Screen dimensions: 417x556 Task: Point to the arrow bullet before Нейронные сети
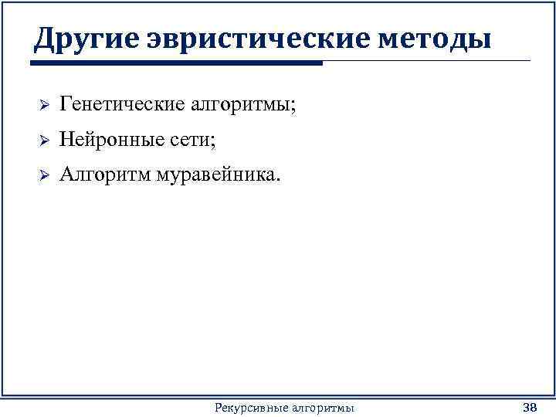tap(44, 141)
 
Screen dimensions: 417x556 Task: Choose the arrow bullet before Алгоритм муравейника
tap(44, 177)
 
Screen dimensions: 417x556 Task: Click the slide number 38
tap(530, 407)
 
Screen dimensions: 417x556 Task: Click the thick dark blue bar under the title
tap(178, 63)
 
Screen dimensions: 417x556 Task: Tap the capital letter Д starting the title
tap(44, 39)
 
